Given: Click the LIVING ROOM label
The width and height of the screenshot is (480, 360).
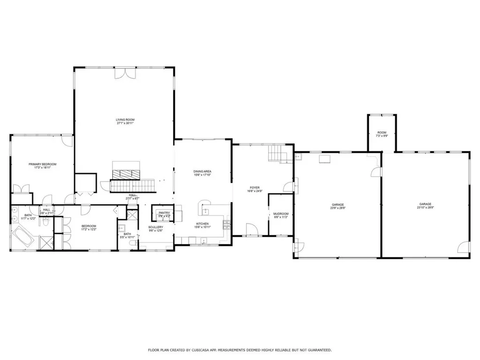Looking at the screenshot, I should [x=125, y=120].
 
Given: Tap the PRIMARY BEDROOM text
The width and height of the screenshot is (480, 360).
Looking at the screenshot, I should [x=42, y=164].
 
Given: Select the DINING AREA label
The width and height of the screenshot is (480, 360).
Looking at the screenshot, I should [x=202, y=172].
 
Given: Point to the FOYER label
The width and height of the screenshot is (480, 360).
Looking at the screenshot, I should [x=255, y=187].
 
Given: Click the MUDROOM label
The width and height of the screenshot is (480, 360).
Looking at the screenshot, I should [x=281, y=214].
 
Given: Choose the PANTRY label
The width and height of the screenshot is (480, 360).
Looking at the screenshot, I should [x=164, y=213].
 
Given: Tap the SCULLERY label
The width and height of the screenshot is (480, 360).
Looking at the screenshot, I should [x=156, y=227].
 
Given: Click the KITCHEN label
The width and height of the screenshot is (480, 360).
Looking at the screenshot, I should [x=202, y=224].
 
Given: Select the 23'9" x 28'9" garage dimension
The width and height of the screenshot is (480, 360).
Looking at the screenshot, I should [x=338, y=208].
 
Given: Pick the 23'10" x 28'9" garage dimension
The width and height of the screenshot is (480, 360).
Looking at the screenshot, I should [x=425, y=208].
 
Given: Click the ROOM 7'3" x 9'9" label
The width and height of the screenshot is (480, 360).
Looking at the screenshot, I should [x=382, y=134].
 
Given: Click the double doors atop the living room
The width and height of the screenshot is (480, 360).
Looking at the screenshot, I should [x=125, y=74].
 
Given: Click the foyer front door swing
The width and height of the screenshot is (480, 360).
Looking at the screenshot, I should [x=251, y=230].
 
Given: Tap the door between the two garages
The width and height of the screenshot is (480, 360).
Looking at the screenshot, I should [x=375, y=173].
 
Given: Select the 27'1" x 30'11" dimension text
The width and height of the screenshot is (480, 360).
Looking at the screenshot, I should [x=125, y=124].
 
